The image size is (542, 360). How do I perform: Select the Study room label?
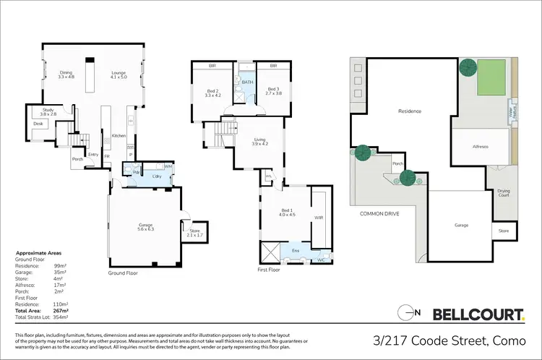(48, 112)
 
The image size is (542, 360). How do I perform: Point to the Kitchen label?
(119, 136)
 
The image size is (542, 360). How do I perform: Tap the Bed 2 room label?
(212, 93)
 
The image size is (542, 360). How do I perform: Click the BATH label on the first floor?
(247, 82)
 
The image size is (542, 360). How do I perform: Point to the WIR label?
(319, 217)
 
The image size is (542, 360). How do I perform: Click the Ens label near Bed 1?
(295, 251)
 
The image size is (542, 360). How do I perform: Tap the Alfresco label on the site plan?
(481, 147)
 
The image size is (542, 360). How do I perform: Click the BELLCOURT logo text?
(478, 314)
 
